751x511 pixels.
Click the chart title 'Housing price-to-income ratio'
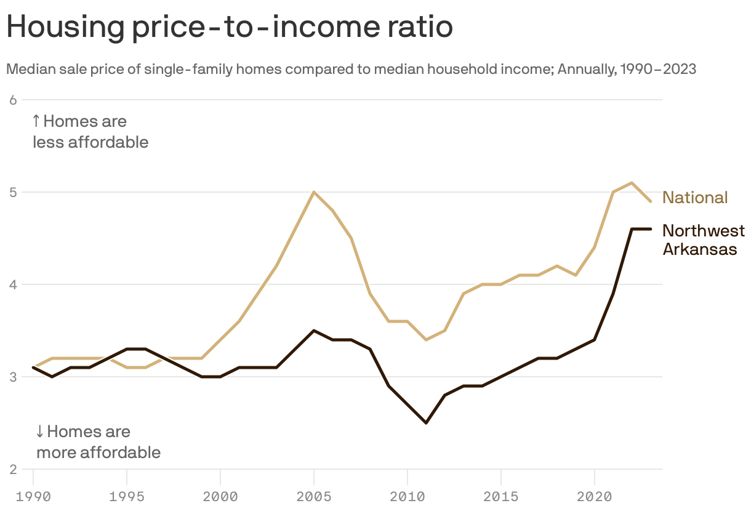point(229,28)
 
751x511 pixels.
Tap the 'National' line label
point(695,198)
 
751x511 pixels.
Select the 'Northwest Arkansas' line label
point(703,240)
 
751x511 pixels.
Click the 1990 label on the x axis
point(33,495)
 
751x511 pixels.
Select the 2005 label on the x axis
point(314,495)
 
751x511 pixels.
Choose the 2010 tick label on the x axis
point(408,495)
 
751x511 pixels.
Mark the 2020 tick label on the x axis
point(595,495)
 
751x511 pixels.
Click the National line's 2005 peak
point(314,192)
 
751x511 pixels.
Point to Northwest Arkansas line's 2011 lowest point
point(426,423)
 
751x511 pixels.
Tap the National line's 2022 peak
point(632,183)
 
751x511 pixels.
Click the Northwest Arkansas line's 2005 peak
point(314,331)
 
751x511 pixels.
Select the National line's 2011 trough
point(426,340)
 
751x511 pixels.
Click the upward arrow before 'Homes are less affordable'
point(36,121)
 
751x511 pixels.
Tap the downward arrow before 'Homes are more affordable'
point(40,431)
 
